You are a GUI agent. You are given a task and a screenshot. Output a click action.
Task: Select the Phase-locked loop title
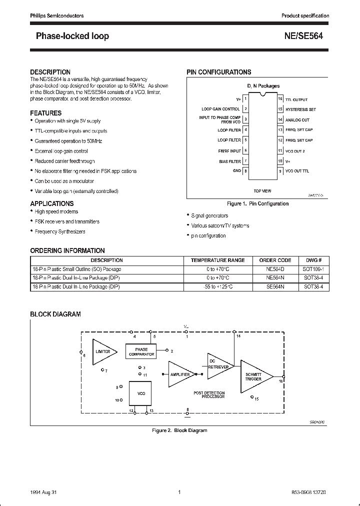point(72,36)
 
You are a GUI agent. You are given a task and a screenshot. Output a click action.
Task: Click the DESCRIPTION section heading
point(50,72)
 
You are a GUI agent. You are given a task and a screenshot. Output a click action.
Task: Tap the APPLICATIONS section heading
point(51,203)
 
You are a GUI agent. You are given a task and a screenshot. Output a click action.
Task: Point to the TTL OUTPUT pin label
point(296,99)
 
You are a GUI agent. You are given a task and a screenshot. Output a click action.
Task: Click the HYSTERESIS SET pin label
point(300,109)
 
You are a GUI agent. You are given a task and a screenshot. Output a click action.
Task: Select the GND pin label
point(236,171)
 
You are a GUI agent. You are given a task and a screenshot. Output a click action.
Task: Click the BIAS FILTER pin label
point(230,161)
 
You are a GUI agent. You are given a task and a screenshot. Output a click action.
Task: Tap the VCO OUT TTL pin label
point(297,171)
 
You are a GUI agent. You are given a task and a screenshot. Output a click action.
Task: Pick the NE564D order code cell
point(275,269)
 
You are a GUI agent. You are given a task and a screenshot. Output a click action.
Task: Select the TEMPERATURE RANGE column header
point(217,260)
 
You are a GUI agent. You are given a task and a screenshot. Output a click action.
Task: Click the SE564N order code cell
point(275,287)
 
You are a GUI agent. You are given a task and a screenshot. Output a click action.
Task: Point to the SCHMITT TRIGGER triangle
point(254,376)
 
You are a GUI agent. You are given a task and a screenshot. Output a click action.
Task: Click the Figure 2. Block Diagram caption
point(179,430)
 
